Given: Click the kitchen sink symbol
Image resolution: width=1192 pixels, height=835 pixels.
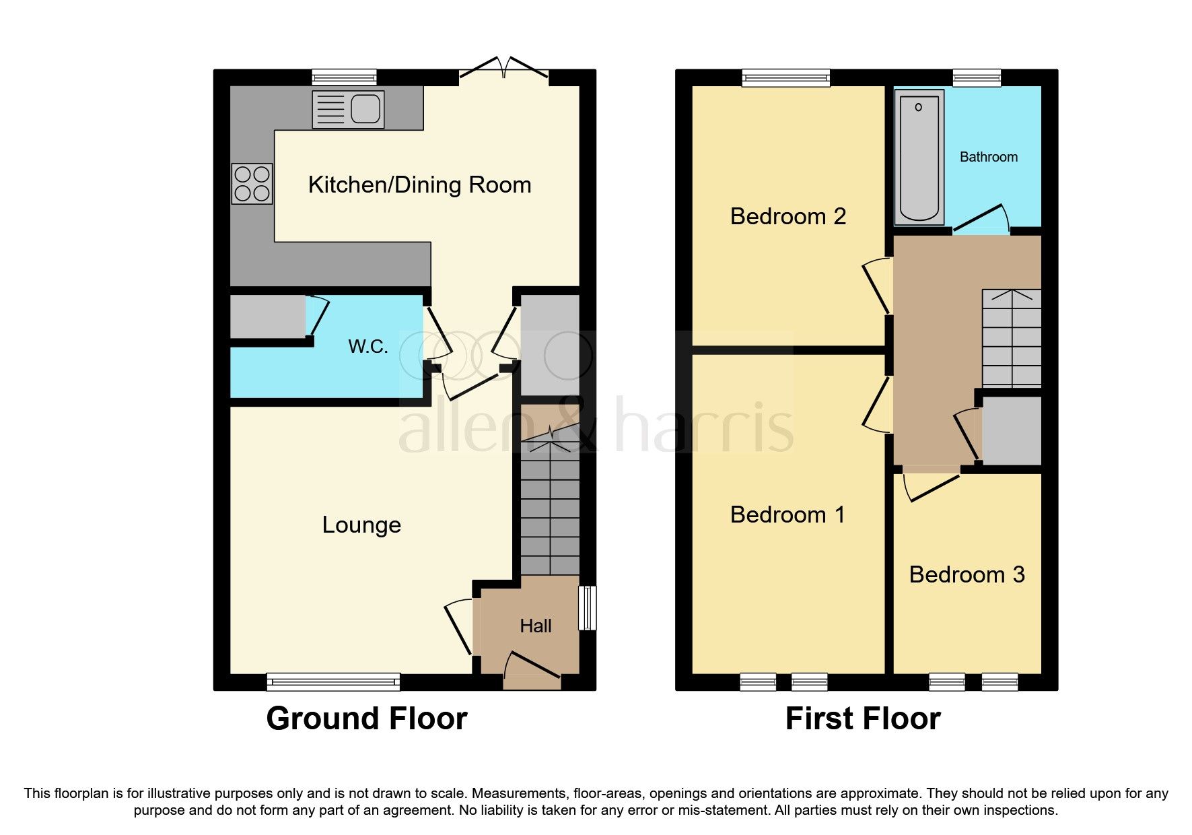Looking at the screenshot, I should (348, 109).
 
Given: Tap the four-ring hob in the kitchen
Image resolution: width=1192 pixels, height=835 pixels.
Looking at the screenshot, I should (252, 183).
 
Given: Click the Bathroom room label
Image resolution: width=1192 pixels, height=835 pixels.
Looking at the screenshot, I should (988, 157).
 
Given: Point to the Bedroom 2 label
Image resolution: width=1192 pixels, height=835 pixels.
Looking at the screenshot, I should (787, 216).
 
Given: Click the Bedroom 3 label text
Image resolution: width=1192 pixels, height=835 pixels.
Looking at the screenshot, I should (967, 574).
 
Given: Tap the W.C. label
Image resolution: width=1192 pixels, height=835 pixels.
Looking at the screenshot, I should (367, 347).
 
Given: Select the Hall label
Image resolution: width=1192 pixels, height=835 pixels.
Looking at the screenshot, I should (535, 626).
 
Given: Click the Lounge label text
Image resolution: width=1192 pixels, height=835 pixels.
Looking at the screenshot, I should (361, 525).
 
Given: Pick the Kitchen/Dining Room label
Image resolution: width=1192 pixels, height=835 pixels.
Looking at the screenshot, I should (419, 185).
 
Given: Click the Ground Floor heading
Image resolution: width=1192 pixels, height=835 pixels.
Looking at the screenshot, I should (366, 719).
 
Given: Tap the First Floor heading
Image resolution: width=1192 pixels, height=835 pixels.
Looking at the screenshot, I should (862, 719).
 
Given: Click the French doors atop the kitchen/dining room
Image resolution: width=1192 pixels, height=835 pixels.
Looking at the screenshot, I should (504, 70).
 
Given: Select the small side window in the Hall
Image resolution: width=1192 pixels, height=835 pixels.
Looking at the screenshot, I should (587, 607).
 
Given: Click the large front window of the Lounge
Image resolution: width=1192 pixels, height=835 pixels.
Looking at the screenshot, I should (333, 681).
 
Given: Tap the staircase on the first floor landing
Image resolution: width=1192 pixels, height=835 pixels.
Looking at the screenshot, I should (1011, 338).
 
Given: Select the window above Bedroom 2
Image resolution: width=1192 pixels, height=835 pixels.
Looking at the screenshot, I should (785, 78).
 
